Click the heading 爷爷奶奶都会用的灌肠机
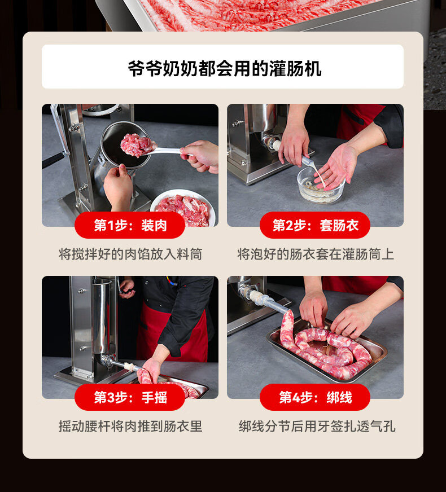tap(225, 68)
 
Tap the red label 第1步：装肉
tap(130, 225)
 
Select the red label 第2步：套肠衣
tap(315, 225)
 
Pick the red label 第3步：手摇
tap(130, 397)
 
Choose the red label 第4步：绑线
tap(315, 397)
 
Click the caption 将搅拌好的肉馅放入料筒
tap(130, 254)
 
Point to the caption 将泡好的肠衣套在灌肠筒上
tap(316, 254)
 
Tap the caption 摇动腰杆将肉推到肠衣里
tap(130, 426)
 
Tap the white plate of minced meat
tap(183, 207)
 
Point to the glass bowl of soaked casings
tap(321, 185)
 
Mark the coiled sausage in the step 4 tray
tap(326, 348)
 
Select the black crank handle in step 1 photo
tap(54, 160)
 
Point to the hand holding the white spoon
tap(201, 156)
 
